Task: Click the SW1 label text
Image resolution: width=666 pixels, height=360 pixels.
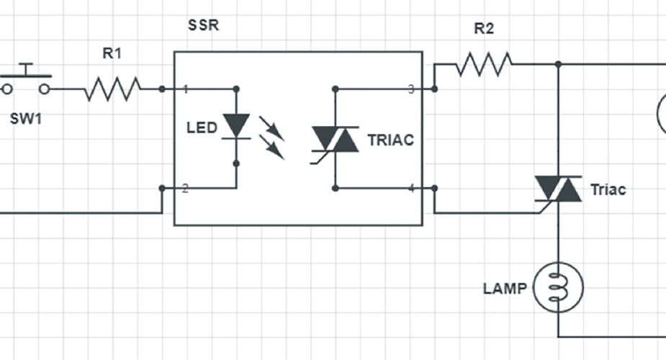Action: coord(26,117)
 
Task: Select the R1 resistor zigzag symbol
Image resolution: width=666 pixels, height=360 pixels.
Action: coord(113,89)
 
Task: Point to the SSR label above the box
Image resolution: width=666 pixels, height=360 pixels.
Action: coord(202,26)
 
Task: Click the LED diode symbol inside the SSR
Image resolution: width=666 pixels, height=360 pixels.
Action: coord(236,127)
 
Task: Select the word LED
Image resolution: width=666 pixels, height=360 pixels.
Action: coord(202,128)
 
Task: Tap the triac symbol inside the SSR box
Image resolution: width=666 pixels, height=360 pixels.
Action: coord(335,139)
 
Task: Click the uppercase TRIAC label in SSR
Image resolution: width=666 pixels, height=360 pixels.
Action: coord(390,140)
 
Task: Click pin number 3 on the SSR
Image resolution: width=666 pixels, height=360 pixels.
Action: coord(411,89)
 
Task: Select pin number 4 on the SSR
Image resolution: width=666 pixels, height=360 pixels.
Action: coord(411,189)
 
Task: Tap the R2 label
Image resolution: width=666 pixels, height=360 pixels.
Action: coord(483,30)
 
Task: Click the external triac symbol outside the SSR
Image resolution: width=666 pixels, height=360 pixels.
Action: coord(559,190)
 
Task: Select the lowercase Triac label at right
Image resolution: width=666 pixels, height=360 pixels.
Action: coord(608,190)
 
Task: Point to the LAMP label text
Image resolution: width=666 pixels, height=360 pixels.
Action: coord(505,289)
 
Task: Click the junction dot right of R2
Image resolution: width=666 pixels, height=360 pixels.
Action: coord(559,64)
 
